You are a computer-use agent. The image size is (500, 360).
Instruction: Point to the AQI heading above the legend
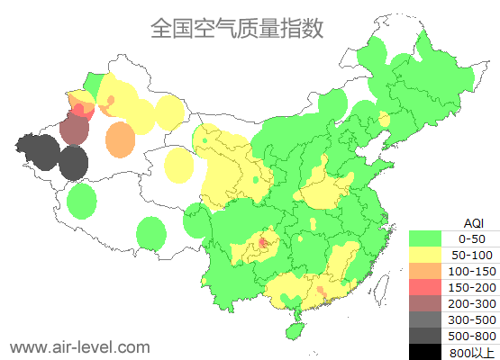[473, 222]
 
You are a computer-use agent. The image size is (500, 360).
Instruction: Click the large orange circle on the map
[120, 139]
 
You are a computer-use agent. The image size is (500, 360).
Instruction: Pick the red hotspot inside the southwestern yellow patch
[263, 242]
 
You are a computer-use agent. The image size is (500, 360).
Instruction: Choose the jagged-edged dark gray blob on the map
[40, 149]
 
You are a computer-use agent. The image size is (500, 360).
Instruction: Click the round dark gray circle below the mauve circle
[73, 164]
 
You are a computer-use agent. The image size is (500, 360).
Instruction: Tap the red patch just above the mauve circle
[81, 111]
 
